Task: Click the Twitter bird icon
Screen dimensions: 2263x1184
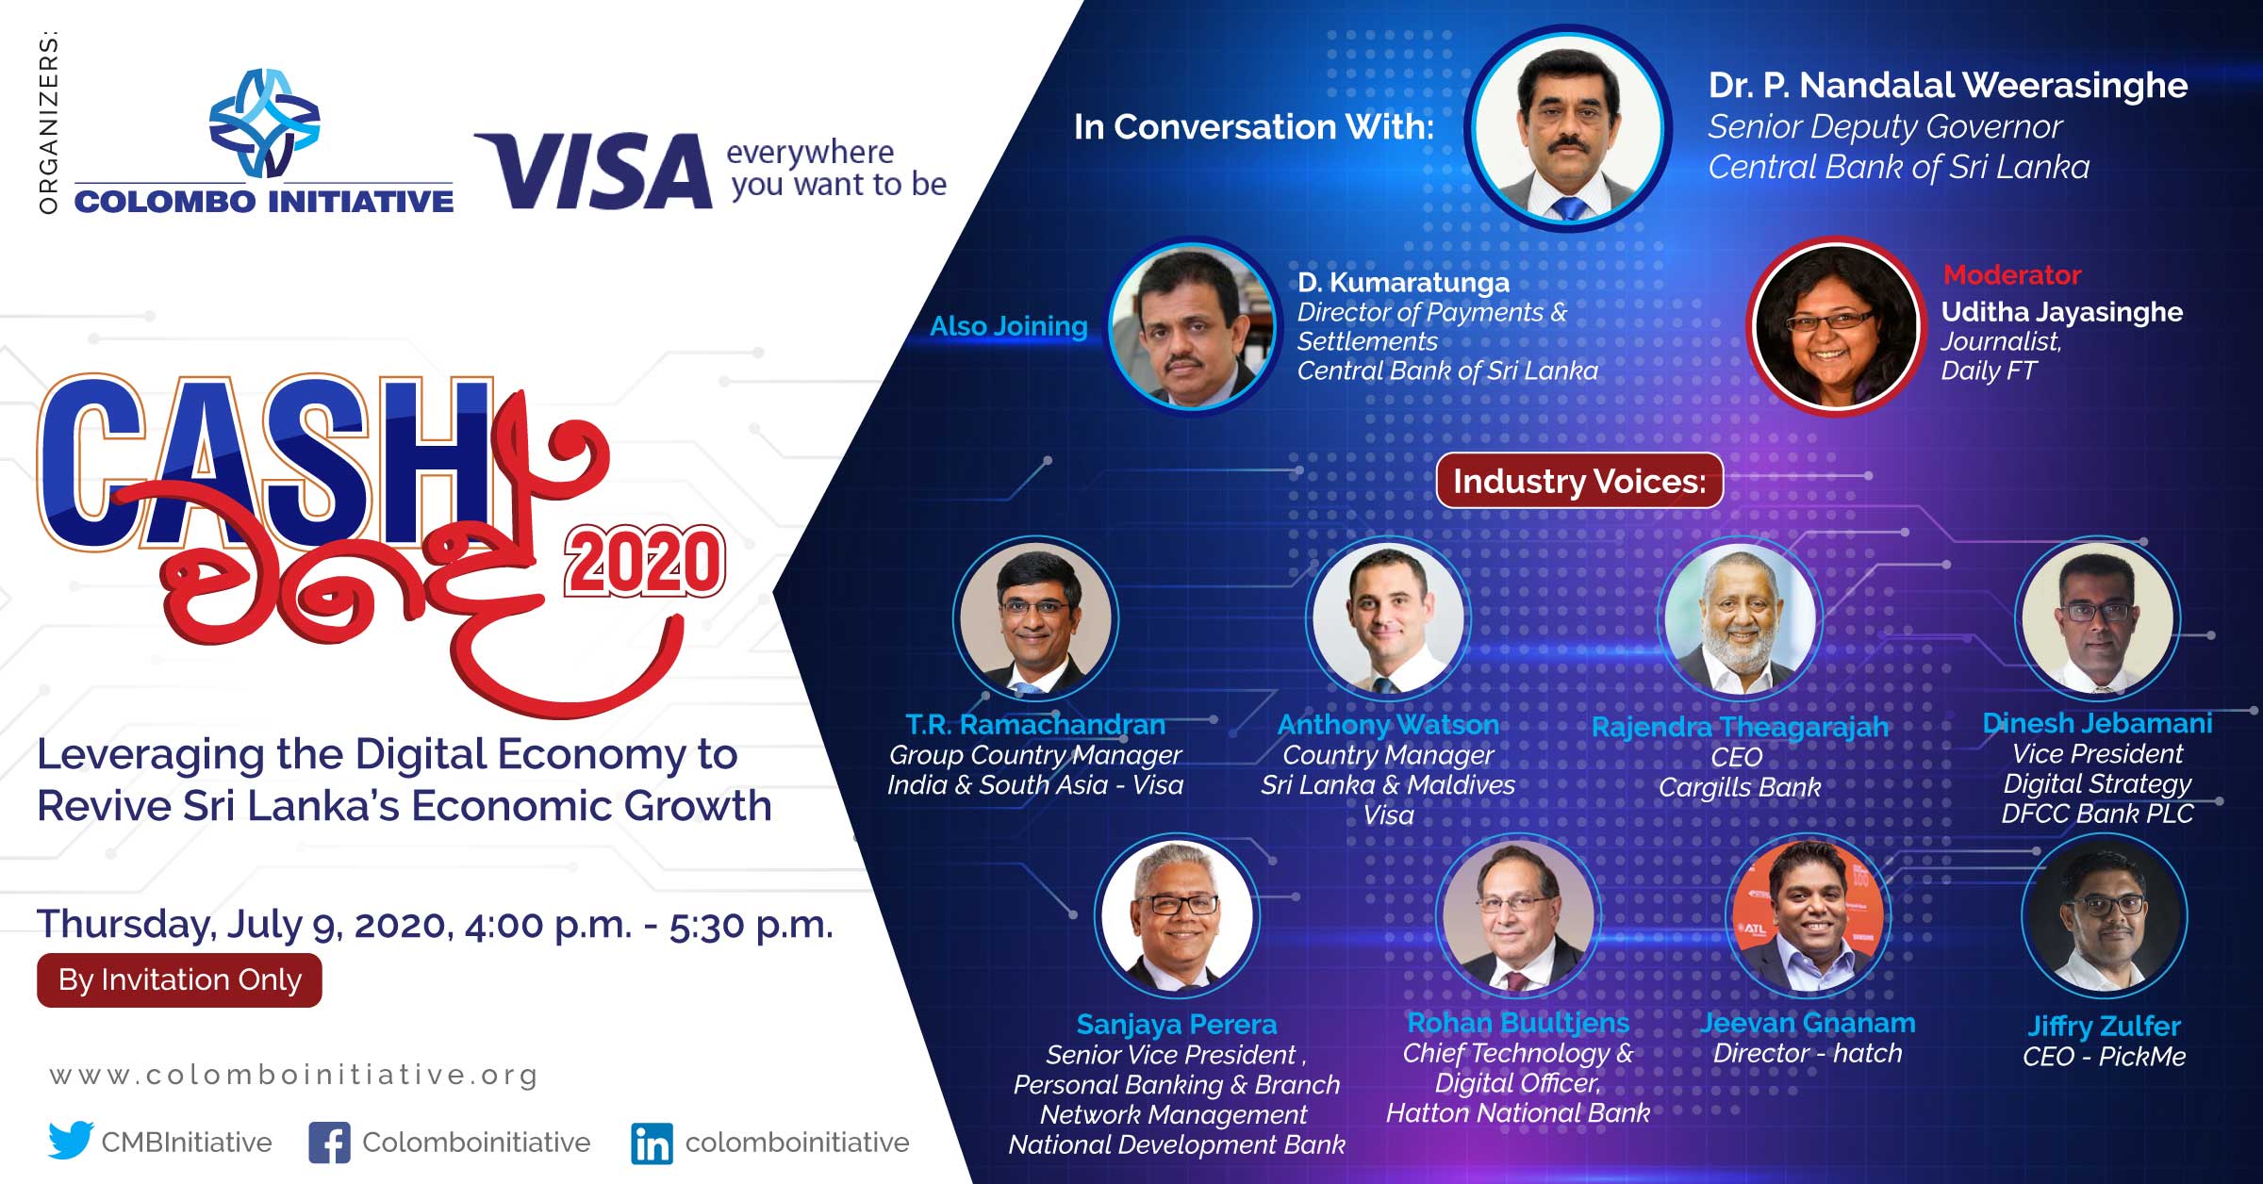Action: [71, 1141]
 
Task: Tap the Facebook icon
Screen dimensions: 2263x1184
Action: [329, 1143]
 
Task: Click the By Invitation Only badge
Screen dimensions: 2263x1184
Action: [179, 980]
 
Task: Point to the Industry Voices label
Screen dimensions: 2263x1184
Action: [1579, 481]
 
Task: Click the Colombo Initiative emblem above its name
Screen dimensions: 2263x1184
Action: [264, 123]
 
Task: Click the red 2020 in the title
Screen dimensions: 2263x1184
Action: [645, 562]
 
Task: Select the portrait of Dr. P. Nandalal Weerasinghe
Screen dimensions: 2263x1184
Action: [1571, 128]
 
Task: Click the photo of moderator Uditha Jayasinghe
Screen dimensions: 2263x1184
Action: [1835, 326]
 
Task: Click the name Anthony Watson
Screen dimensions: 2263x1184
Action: [1388, 724]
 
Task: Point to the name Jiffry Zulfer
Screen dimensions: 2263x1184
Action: [2105, 1026]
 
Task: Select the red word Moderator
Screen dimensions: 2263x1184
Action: [2012, 274]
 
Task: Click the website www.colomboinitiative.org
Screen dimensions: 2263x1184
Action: [294, 1075]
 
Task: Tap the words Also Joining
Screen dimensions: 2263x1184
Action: [1009, 326]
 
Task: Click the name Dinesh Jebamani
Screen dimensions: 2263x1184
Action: [2097, 723]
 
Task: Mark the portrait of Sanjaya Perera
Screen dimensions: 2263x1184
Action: [1177, 915]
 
